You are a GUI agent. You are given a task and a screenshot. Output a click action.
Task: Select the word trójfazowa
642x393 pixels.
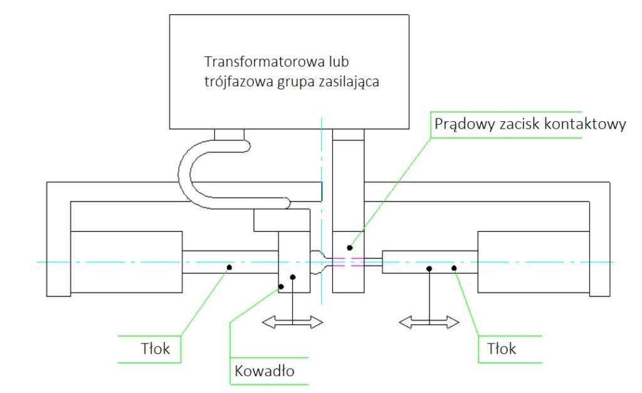[237, 82]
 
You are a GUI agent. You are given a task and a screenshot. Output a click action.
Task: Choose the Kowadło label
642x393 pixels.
[263, 370]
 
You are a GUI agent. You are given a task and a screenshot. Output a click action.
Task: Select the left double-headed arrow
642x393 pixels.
[292, 322]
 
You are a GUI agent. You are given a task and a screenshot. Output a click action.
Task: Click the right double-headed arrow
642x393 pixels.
[429, 323]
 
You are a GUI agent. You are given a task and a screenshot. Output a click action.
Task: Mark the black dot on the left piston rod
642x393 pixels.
[229, 267]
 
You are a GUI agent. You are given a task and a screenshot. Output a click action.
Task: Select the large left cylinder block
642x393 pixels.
[126, 262]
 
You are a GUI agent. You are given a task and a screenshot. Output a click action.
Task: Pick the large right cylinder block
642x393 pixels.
[534, 262]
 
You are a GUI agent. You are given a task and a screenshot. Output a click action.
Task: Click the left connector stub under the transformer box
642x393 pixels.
[228, 134]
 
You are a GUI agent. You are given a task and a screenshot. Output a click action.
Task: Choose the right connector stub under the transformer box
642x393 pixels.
[348, 134]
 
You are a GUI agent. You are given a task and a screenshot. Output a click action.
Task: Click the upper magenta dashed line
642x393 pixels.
[349, 257]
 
